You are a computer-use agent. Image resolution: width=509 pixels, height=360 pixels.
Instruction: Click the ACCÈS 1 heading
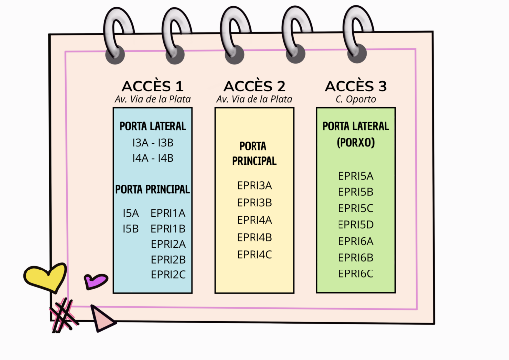153,86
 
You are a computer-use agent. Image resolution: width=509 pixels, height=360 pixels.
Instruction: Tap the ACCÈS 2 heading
254,86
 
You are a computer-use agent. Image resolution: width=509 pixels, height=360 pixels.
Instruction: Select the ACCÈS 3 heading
355,86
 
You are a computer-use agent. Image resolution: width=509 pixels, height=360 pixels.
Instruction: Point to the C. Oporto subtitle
356,99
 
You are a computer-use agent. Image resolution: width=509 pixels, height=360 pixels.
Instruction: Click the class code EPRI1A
168,213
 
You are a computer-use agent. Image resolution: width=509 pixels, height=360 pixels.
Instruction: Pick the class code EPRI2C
168,274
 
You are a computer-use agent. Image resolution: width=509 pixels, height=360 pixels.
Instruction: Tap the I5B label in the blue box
131,229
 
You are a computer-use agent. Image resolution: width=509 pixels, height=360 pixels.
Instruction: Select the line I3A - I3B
153,143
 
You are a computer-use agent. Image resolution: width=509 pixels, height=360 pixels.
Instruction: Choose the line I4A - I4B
153,158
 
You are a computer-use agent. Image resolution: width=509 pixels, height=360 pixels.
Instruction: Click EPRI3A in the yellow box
254,186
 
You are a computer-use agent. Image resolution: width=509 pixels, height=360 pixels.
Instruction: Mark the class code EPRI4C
254,254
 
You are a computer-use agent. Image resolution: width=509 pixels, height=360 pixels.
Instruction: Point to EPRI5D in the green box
355,225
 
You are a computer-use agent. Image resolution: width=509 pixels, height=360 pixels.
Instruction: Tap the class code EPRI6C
355,273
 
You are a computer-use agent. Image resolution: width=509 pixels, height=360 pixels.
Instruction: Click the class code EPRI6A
355,241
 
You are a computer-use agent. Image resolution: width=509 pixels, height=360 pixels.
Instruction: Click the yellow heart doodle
45,277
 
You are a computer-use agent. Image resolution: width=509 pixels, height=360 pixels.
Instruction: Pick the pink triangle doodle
102,319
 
